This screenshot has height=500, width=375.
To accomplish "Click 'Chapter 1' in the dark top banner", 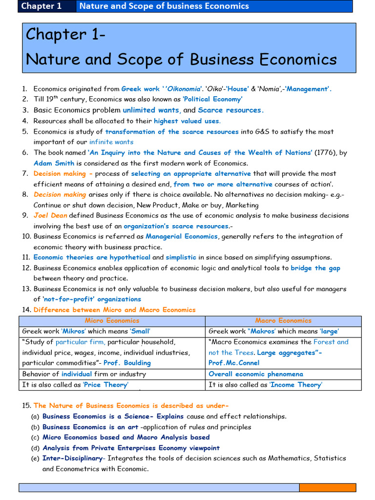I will (42, 6).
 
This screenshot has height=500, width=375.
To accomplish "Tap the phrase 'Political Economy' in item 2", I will (212, 99).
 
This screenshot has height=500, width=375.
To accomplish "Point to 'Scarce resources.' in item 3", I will (231, 110).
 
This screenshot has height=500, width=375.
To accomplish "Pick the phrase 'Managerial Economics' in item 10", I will (182, 236).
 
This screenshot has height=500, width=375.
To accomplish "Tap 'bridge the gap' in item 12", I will (315, 268).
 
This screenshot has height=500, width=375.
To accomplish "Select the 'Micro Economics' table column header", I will (112, 321).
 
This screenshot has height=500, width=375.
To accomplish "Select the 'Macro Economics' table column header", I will (283, 321).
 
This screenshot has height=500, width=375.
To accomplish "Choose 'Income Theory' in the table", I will (296, 385).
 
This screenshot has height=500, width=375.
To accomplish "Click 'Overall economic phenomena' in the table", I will (256, 374).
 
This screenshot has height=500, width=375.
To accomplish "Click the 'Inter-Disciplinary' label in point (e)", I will (73, 458).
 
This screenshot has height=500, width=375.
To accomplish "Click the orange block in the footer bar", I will (327, 487).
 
